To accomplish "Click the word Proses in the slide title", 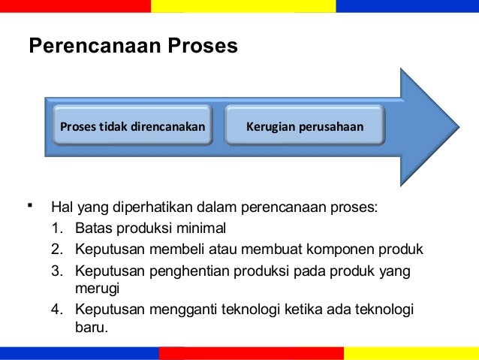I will [x=204, y=47].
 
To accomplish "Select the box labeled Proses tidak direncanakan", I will [x=132, y=126].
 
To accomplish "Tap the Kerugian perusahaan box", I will [x=305, y=126].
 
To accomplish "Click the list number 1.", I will [x=58, y=228].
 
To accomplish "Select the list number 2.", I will [x=58, y=249].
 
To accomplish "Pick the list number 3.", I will [x=58, y=270].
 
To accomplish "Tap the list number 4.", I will [x=58, y=310].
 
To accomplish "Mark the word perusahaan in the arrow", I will [x=330, y=126].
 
